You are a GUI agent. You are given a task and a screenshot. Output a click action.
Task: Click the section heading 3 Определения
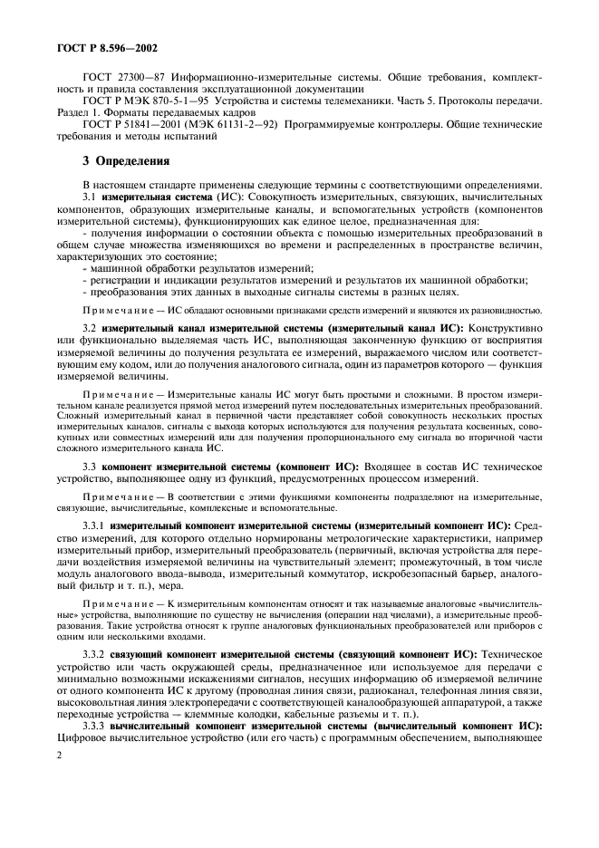(126, 162)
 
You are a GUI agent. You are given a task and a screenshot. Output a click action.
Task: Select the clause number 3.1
(90, 197)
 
